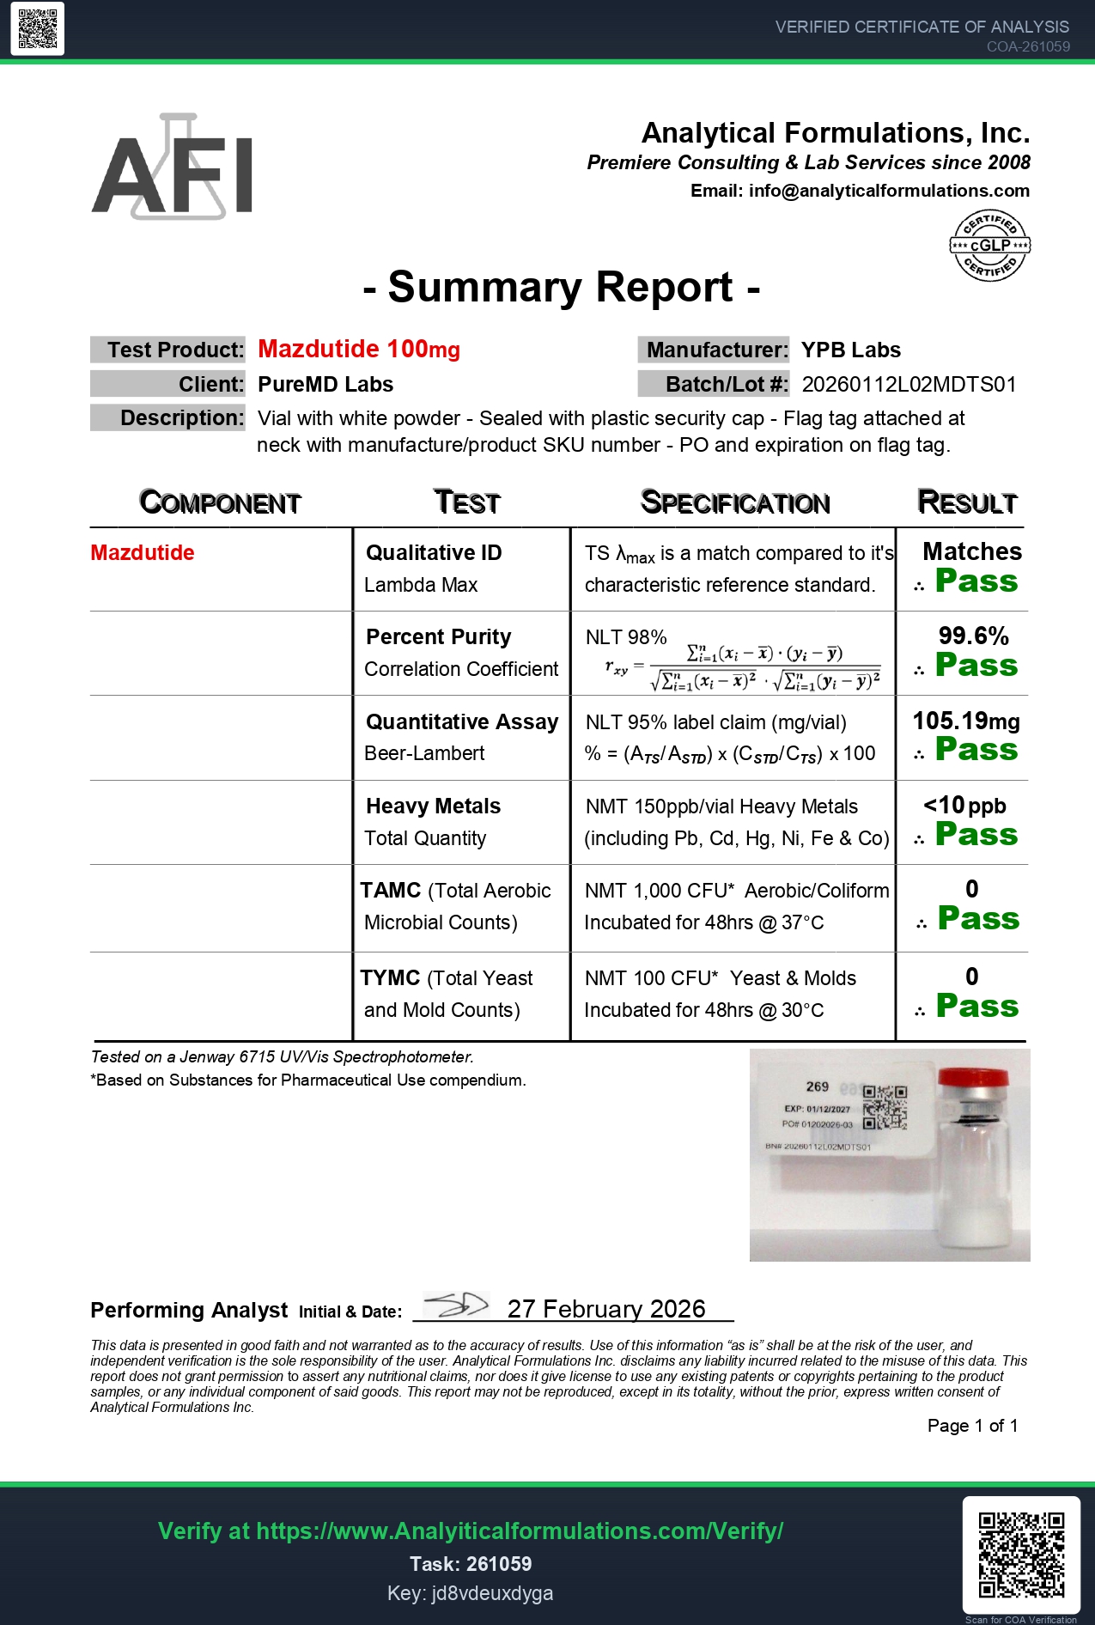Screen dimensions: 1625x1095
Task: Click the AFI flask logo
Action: pyautogui.click(x=172, y=167)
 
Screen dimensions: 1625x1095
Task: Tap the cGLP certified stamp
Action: pyautogui.click(x=989, y=246)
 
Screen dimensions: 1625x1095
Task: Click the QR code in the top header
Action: pyautogui.click(x=38, y=29)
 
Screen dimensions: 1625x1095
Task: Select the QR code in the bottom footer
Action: pyautogui.click(x=1021, y=1554)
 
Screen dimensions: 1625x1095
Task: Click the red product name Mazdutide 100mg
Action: pyautogui.click(x=359, y=349)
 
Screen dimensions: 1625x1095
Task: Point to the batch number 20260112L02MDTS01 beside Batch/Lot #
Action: pyautogui.click(x=909, y=384)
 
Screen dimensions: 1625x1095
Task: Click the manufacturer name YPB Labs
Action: pyautogui.click(x=850, y=350)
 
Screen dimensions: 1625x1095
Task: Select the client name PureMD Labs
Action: pyautogui.click(x=325, y=384)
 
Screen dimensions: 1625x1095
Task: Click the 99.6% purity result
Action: pyautogui.click(x=973, y=636)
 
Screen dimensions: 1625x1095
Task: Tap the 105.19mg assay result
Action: pyautogui.click(x=966, y=721)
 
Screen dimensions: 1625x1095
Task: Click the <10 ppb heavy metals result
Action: pyautogui.click(x=964, y=806)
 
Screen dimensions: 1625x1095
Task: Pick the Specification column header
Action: pyautogui.click(x=735, y=502)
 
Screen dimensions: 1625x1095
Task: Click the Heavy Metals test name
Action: pyautogui.click(x=433, y=806)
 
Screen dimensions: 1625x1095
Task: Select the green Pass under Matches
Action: pyautogui.click(x=976, y=581)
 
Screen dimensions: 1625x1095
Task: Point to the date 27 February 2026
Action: pyautogui.click(x=606, y=1308)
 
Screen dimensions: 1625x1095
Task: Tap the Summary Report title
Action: pyautogui.click(x=562, y=287)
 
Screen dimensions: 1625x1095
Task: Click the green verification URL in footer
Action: pyautogui.click(x=471, y=1531)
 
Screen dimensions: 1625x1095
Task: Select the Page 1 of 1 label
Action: pyautogui.click(x=972, y=1426)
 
